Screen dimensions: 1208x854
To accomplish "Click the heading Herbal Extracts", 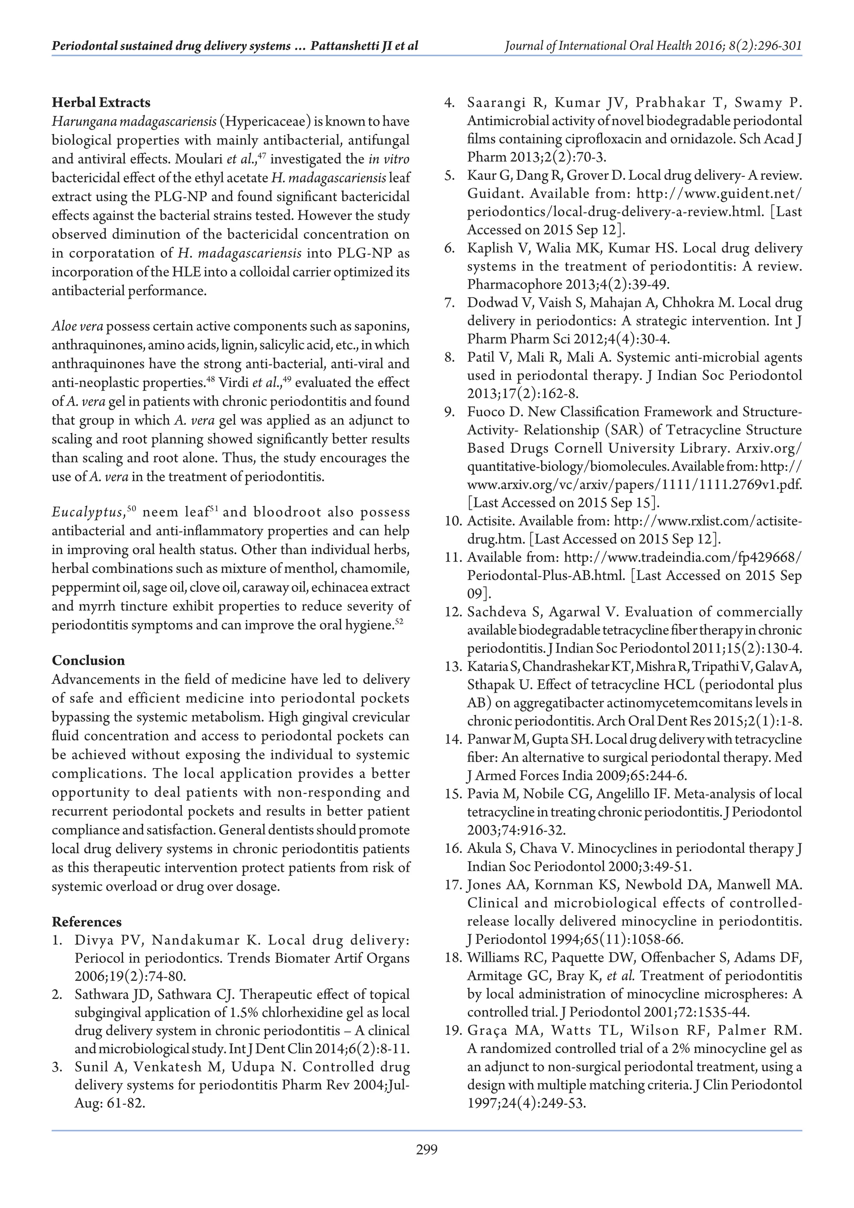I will (101, 103).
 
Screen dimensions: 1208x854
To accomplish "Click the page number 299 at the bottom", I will (427, 1164).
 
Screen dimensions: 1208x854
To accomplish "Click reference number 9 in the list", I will (449, 412).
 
